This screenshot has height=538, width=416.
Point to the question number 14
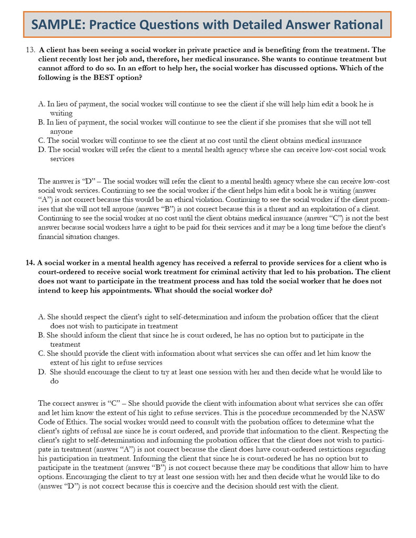click(x=29, y=262)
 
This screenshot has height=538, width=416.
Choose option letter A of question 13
click(x=41, y=104)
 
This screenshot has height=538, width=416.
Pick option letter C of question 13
click(x=41, y=140)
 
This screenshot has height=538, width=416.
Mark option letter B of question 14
click(x=41, y=335)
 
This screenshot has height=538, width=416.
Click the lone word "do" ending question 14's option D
click(x=54, y=381)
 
